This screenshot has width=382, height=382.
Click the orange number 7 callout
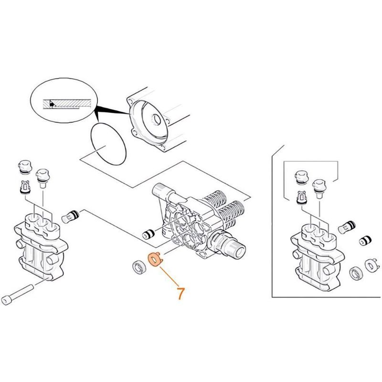[x=181, y=293]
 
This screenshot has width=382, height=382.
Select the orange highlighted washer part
[x=155, y=260]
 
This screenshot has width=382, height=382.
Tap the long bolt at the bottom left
[x=17, y=295]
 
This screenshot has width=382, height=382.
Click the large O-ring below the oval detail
[x=108, y=144]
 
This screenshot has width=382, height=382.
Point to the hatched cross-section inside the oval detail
[x=67, y=104]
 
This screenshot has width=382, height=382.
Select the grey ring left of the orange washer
[x=139, y=267]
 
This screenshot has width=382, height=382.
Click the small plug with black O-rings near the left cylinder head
[x=70, y=216]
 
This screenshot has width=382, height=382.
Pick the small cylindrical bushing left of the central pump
[x=149, y=234]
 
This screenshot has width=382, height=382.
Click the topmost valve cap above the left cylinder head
[x=25, y=167]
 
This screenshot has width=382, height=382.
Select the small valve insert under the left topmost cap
[x=25, y=187]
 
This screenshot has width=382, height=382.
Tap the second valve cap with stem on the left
[x=43, y=178]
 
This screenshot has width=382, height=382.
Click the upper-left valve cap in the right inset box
[x=302, y=177]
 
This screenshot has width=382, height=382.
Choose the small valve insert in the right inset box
[x=302, y=198]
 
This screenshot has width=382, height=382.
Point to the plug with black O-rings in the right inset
[x=347, y=227]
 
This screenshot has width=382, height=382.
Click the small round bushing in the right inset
[x=365, y=241]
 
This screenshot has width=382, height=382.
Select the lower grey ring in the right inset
[x=356, y=273]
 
